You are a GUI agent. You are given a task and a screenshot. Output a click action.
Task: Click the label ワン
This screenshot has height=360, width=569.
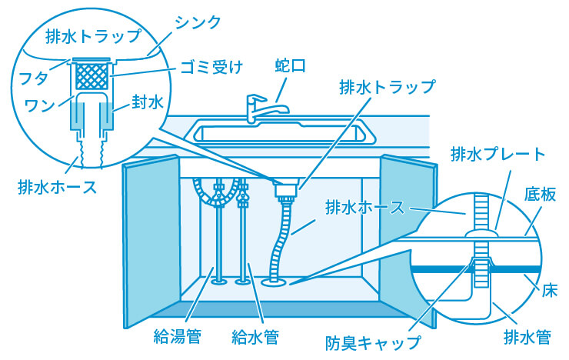38,104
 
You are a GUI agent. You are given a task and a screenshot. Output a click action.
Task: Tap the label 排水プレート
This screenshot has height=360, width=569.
497,155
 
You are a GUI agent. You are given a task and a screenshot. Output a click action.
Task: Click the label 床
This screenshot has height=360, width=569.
547,292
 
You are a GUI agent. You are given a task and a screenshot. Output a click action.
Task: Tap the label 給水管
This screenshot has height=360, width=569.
255,335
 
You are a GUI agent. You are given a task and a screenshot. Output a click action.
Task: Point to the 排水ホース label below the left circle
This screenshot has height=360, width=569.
58,187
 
